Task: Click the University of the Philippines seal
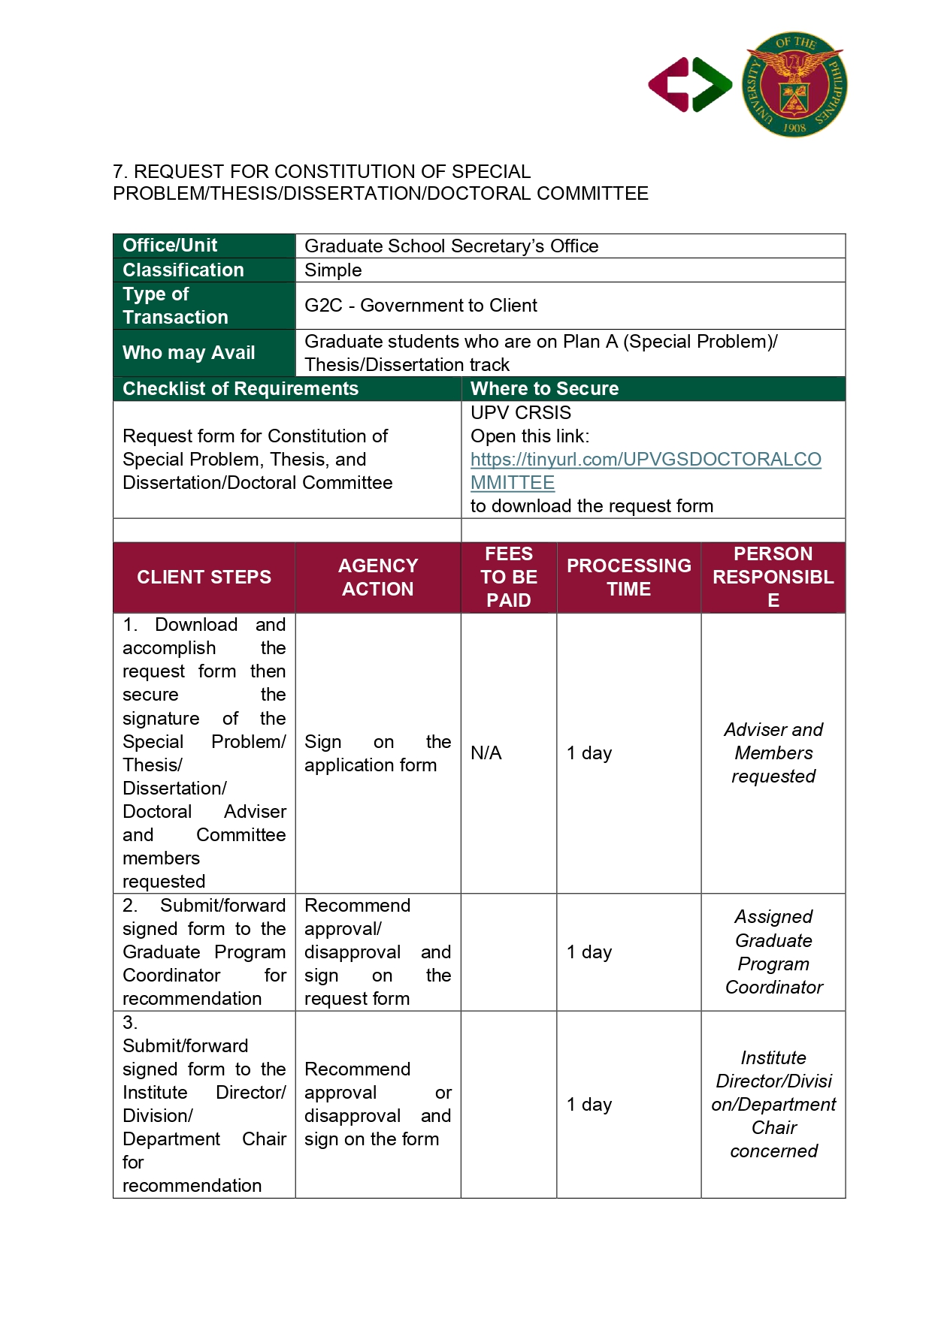coord(794,84)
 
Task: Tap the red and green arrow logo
coord(690,85)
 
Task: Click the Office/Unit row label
coord(170,246)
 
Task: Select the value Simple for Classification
coord(333,270)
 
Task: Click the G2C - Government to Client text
coord(420,306)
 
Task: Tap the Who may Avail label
coord(189,353)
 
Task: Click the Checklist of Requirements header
coord(241,389)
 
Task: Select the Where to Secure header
coord(544,389)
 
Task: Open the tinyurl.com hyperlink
coord(645,460)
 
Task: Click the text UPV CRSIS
coord(520,413)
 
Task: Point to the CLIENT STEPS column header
coord(204,578)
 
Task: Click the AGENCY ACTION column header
coord(377,578)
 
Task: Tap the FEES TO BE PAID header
coord(509,578)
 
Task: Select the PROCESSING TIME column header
coord(628,578)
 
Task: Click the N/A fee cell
coord(486,753)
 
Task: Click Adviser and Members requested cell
coord(773,753)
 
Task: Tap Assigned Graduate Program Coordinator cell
coord(773,952)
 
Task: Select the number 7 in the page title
coord(118,172)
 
